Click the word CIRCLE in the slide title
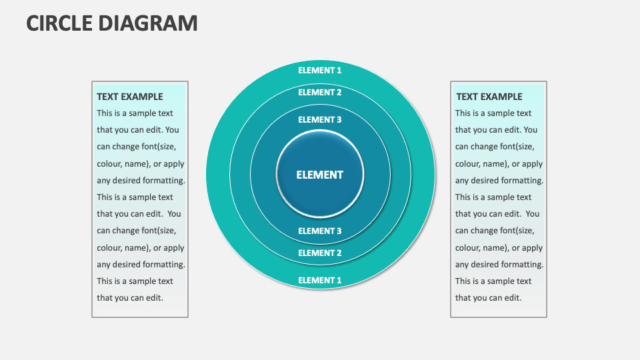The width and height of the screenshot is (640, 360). click(x=59, y=23)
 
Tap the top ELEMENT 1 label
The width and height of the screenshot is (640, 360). click(x=320, y=70)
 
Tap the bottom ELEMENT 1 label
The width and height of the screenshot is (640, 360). click(x=320, y=280)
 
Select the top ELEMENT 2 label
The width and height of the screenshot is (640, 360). click(x=320, y=92)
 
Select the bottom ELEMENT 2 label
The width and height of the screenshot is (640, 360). click(x=320, y=253)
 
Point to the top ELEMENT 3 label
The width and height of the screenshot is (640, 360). click(x=320, y=119)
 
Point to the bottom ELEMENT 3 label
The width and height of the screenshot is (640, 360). click(x=320, y=231)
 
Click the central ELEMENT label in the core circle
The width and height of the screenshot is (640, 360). click(x=320, y=175)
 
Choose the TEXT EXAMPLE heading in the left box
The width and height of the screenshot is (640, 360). click(x=130, y=97)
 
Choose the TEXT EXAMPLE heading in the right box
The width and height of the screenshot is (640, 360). click(x=489, y=97)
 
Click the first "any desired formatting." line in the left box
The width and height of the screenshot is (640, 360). click(x=141, y=180)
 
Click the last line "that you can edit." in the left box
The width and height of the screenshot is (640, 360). click(x=130, y=298)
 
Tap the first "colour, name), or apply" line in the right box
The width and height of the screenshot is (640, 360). click(x=499, y=163)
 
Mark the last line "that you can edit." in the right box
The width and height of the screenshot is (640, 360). click(x=489, y=298)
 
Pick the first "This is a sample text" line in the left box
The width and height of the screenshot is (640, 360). click(x=135, y=113)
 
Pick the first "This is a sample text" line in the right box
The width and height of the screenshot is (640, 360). click(x=493, y=113)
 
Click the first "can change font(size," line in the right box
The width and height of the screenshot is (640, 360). click(x=495, y=147)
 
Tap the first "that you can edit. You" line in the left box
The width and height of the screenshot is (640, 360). click(x=138, y=130)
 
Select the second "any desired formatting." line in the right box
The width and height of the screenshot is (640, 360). click(x=499, y=264)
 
